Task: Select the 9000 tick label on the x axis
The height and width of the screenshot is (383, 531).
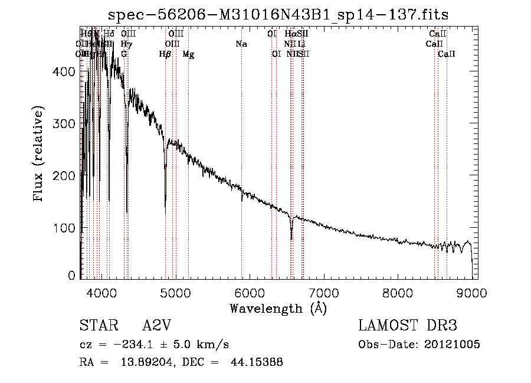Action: click(471, 292)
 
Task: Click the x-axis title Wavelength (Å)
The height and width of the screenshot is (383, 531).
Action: click(278, 307)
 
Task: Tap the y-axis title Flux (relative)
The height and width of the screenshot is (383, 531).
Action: click(40, 155)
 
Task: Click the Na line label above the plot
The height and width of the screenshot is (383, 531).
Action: click(241, 44)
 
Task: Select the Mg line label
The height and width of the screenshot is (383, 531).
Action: click(188, 54)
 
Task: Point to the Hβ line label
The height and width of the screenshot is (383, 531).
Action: click(165, 54)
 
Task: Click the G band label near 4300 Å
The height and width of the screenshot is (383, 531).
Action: click(124, 54)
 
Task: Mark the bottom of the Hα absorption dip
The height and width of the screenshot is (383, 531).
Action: click(291, 238)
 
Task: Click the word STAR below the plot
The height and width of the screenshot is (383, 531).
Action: click(94, 326)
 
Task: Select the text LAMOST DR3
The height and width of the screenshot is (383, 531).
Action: click(408, 326)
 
